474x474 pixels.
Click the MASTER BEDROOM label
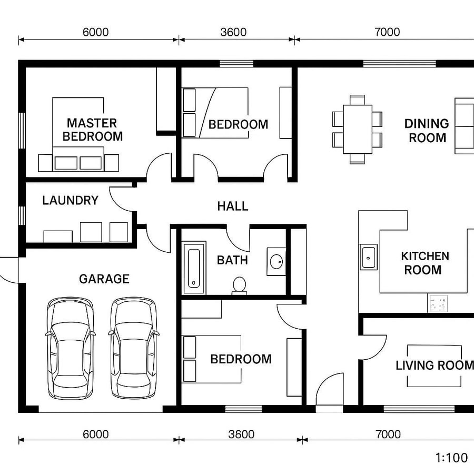coord(92,130)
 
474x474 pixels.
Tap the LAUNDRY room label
coord(70,201)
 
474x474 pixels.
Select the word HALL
coord(232,206)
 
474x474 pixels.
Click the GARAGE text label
coord(104,279)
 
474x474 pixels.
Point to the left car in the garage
coord(71,348)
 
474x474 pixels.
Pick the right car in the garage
coord(133,348)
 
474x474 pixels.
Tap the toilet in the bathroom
coord(239,285)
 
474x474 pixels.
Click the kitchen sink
coord(369,256)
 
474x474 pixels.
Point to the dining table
coord(358,129)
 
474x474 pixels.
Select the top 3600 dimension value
coord(233,32)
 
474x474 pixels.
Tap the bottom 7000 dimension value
coord(388,434)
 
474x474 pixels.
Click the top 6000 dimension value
coord(95,32)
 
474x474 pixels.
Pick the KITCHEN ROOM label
coord(424,263)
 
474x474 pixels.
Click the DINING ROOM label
coord(427,131)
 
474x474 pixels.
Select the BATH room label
coord(232,260)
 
